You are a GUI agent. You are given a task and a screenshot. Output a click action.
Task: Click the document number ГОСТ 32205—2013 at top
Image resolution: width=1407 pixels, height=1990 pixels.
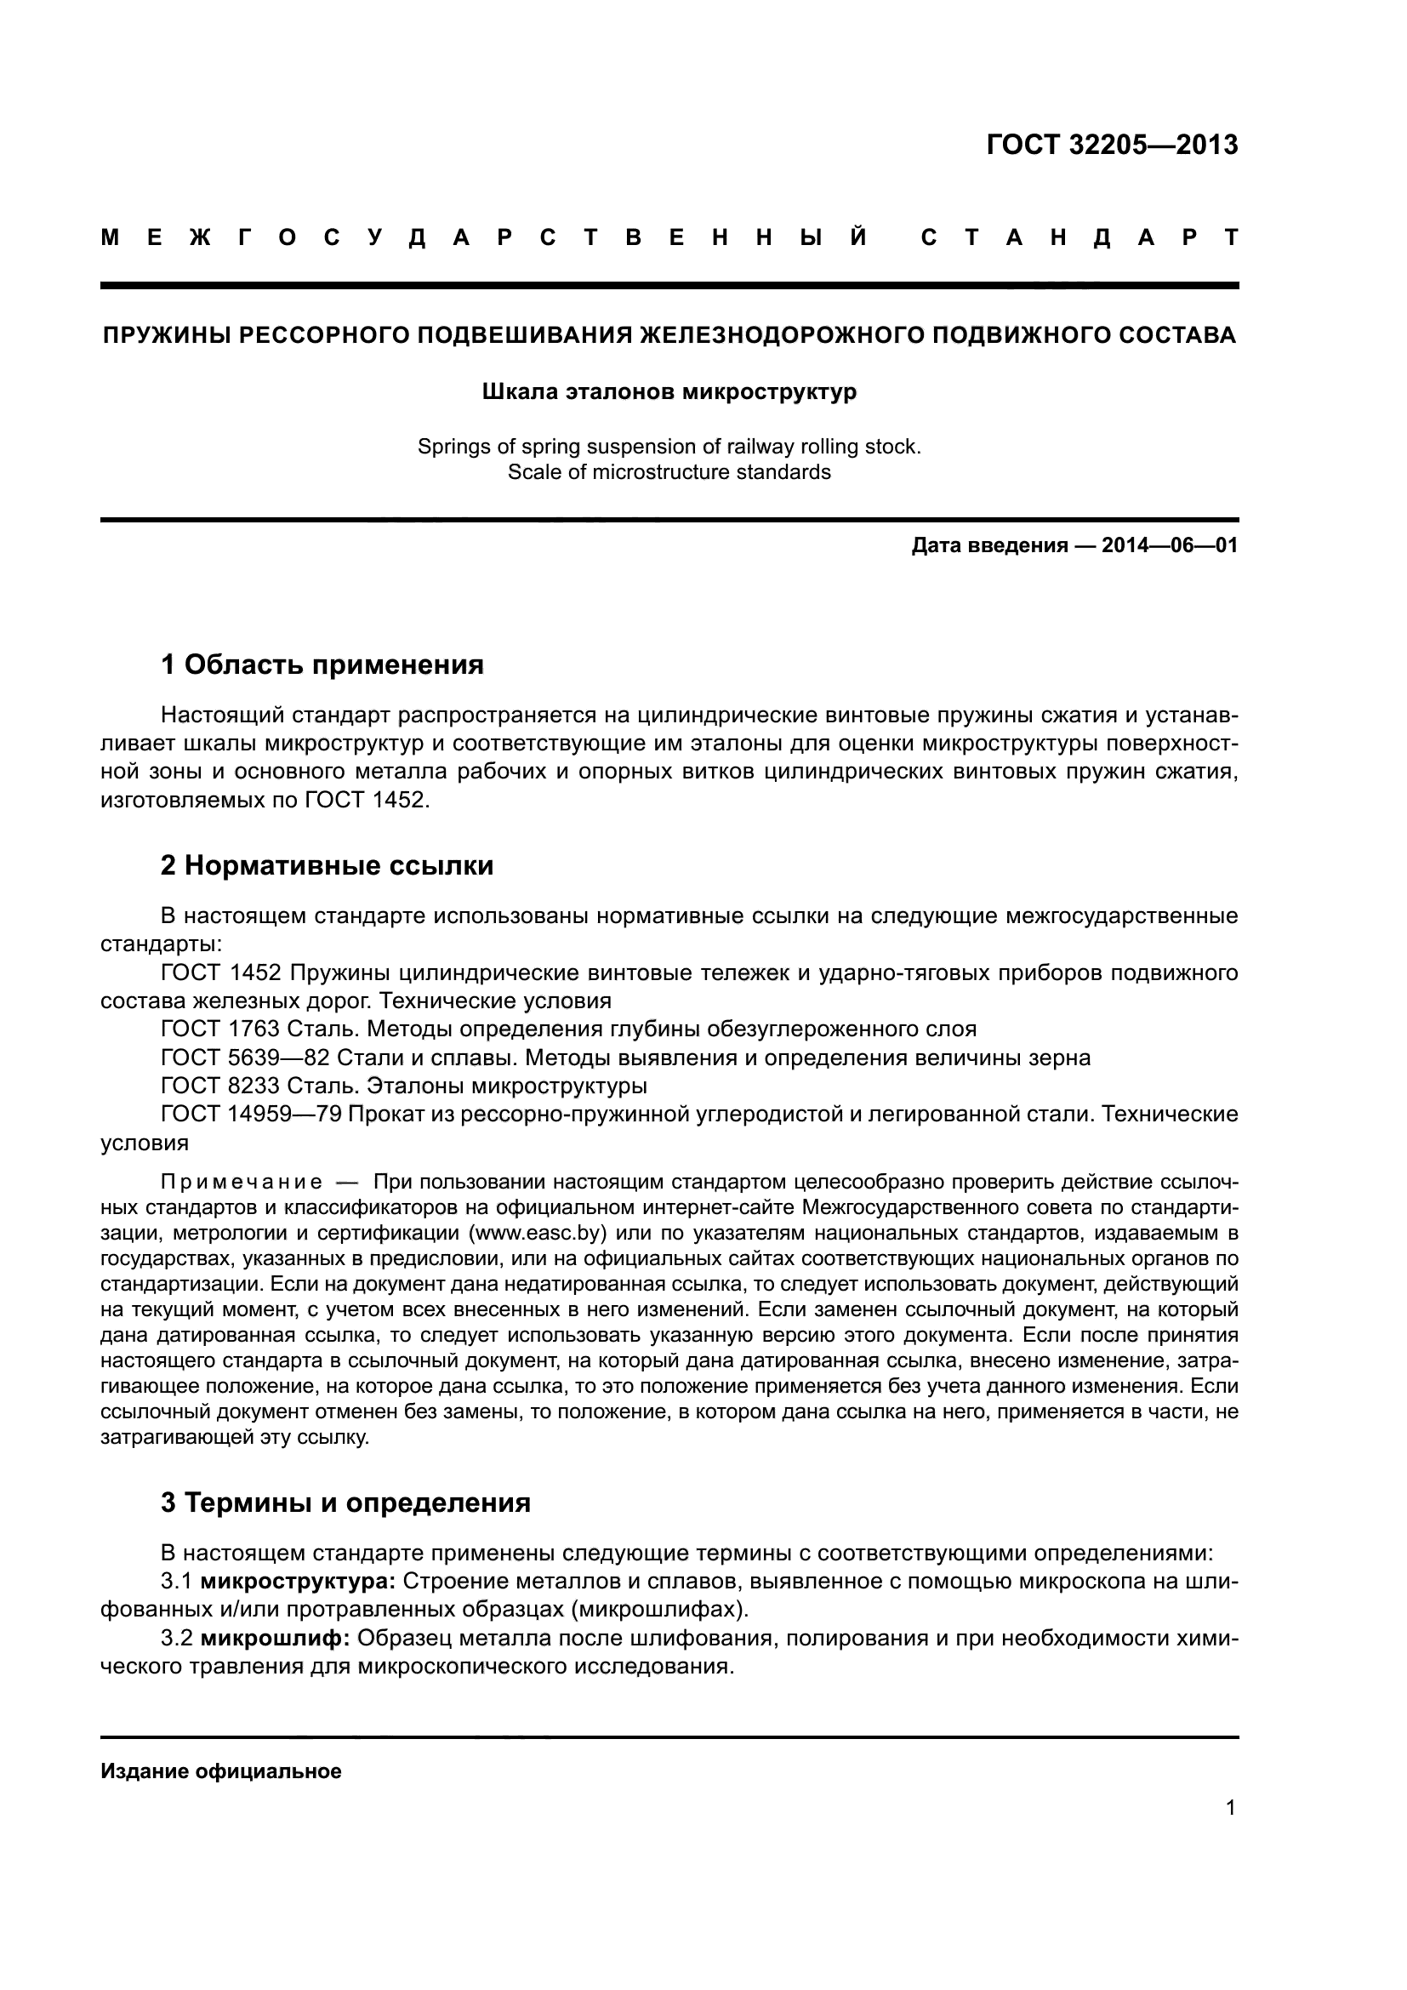tap(1112, 145)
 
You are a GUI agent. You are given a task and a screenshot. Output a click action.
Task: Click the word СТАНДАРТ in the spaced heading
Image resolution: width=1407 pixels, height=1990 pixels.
tap(1079, 237)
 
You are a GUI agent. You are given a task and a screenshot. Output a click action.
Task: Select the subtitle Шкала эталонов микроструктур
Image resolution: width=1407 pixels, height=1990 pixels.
tap(669, 391)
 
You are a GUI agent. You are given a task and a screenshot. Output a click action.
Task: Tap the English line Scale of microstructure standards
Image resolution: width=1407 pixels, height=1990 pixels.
tap(669, 472)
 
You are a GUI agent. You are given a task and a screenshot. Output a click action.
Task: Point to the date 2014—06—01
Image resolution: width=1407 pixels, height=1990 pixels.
tap(1170, 545)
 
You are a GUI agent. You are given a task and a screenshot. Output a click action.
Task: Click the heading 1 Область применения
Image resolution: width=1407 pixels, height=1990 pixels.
tap(322, 664)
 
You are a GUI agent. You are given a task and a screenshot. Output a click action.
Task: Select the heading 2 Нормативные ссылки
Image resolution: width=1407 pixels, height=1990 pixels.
tap(327, 865)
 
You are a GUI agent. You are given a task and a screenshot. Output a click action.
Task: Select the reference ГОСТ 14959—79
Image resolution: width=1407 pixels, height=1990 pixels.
tap(251, 1114)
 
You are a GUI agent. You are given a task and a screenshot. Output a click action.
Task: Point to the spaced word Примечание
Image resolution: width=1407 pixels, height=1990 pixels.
tap(242, 1183)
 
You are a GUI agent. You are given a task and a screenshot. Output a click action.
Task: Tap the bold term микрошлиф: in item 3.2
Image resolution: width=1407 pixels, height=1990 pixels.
tap(276, 1638)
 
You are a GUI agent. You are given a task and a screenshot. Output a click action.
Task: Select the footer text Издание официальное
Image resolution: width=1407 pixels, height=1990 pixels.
tap(221, 1770)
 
